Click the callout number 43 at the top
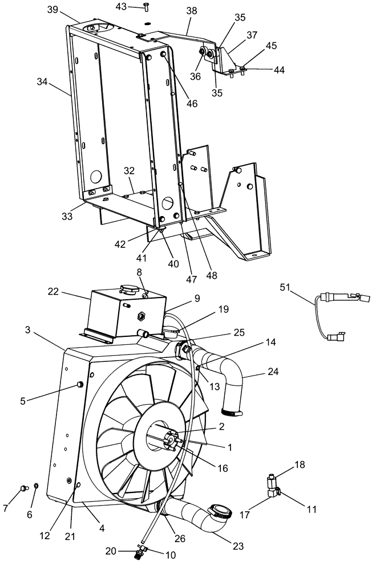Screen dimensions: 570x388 coord(121,6)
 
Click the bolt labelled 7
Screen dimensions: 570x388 coord(24,488)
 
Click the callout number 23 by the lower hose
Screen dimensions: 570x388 coord(238,546)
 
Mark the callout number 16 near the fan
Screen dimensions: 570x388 coord(222,468)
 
